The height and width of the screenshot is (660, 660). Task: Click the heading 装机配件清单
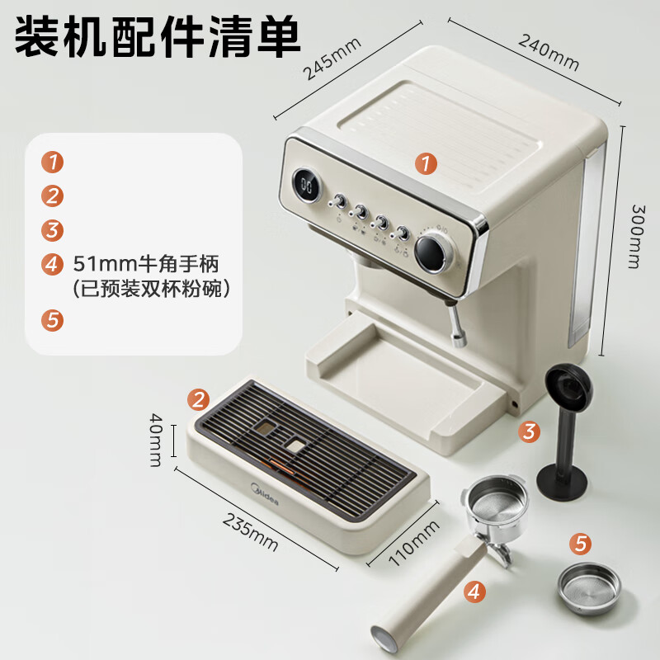[157, 37]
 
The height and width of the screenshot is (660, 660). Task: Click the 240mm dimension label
[549, 51]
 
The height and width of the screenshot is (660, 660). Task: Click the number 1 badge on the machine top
[425, 164]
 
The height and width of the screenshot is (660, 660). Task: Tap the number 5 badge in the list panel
[53, 320]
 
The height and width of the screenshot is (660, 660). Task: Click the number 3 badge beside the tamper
[530, 430]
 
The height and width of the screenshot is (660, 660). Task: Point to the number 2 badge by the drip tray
[198, 401]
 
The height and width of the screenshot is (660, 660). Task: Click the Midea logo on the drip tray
[266, 496]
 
